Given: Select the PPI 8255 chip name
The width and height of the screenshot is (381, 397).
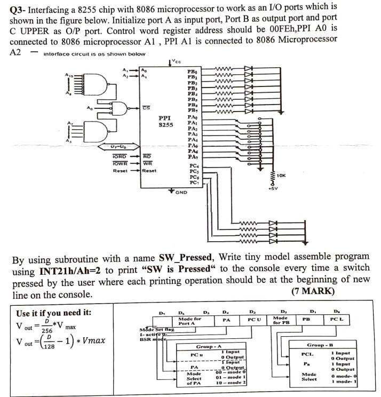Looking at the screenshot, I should [x=166, y=121].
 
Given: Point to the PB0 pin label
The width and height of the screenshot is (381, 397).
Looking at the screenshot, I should [x=192, y=71].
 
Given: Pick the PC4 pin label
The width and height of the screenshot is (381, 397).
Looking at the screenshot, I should [x=194, y=166].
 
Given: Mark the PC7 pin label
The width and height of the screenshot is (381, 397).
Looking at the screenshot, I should [x=194, y=182].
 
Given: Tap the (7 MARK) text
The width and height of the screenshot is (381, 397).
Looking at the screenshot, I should [x=313, y=291].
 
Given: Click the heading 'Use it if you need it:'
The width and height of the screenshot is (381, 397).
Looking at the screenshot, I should [x=53, y=313].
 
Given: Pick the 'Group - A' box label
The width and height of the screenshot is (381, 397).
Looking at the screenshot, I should [x=209, y=346].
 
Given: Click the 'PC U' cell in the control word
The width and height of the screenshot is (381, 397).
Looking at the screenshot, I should [x=254, y=320].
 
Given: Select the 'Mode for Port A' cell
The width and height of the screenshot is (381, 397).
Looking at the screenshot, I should [x=189, y=321].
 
